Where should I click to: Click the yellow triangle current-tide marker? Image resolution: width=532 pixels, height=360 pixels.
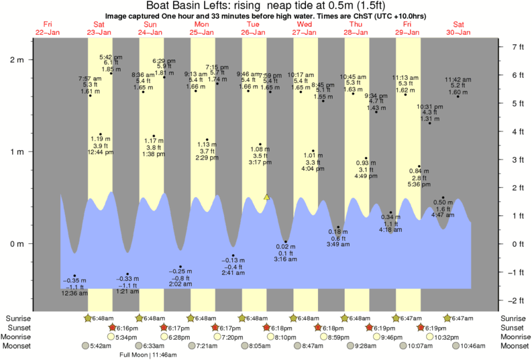(x=267, y=197)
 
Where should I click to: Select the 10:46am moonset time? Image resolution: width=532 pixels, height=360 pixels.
(x=478, y=346)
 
